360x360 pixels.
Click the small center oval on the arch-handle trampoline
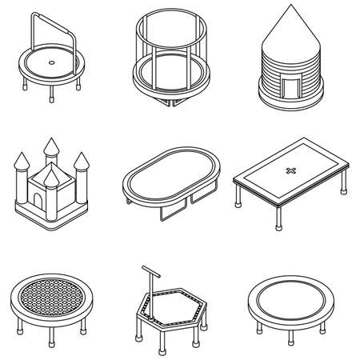53,61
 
